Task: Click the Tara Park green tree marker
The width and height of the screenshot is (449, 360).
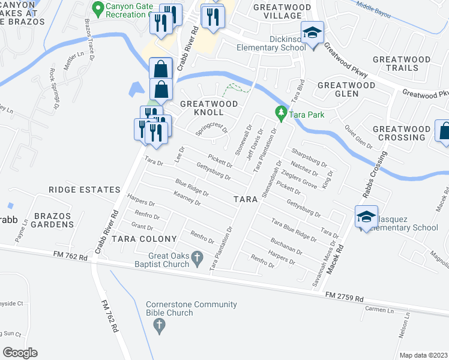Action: point(280,112)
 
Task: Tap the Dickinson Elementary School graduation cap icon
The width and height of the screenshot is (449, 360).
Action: point(312,34)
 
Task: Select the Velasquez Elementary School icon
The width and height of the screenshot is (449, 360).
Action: point(366,217)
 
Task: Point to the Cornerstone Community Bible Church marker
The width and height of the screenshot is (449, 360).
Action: point(159,326)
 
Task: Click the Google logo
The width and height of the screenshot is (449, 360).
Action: point(20,353)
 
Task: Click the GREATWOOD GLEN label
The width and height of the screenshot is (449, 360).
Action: point(346,91)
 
